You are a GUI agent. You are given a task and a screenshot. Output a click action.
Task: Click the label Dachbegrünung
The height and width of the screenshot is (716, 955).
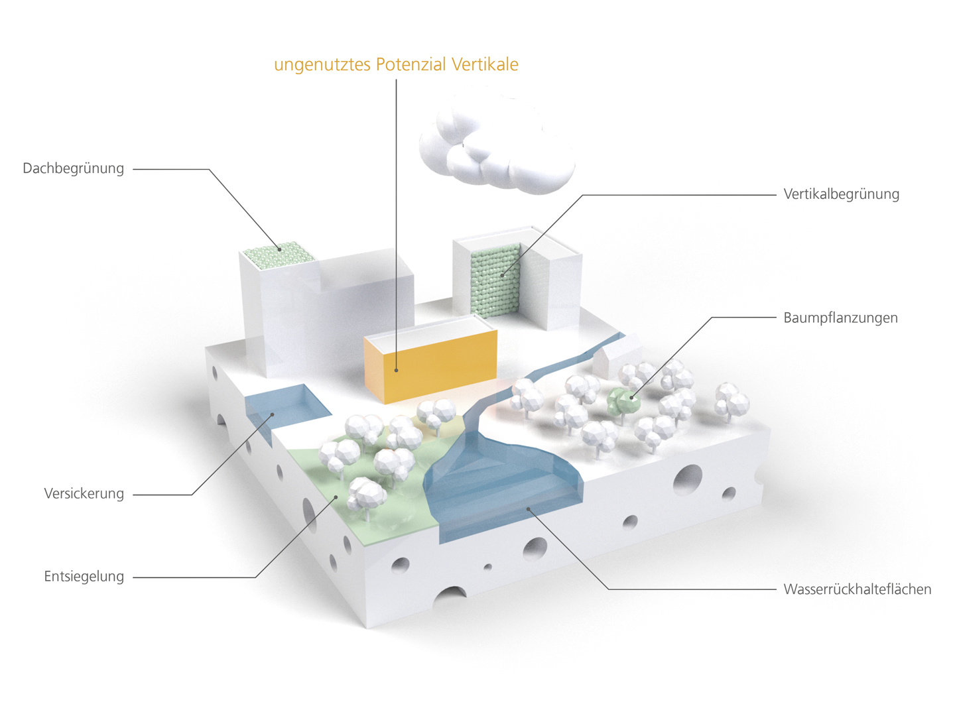tap(73, 168)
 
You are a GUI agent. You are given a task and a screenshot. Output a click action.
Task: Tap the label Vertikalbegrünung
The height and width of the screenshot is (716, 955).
tap(841, 194)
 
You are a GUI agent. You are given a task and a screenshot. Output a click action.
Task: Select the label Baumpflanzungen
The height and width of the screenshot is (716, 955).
tap(840, 318)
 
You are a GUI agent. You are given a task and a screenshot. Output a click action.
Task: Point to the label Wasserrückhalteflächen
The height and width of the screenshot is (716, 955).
tap(857, 589)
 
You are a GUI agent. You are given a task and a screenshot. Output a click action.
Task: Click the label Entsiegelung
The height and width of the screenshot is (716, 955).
tap(84, 577)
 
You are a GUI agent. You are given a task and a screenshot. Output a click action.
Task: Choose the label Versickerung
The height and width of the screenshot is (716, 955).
tap(84, 494)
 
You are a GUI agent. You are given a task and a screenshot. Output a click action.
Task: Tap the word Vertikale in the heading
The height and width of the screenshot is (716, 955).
tap(485, 64)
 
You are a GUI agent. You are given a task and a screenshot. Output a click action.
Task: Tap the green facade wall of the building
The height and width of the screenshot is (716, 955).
tap(495, 278)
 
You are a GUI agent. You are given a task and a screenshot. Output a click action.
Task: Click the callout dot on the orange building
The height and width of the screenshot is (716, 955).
tap(397, 370)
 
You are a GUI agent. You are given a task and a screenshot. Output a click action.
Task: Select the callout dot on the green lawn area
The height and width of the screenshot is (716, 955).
tap(336, 497)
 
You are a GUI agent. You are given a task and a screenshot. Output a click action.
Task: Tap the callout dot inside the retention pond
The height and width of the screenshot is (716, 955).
tap(529, 508)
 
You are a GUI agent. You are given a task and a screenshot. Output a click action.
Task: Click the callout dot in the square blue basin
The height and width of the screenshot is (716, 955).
tap(273, 415)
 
